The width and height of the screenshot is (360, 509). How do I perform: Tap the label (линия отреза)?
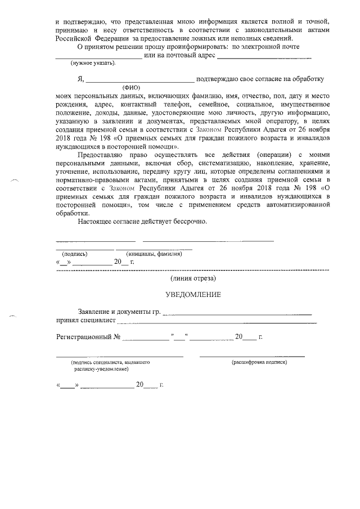pos(193,278)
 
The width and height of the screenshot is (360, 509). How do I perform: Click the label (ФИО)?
pos(132,88)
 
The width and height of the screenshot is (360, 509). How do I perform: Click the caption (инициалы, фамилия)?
pos(154,254)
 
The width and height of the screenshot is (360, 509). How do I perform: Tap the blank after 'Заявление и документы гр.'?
pos(237,313)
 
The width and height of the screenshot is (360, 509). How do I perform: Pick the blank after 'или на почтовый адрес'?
pos(264,58)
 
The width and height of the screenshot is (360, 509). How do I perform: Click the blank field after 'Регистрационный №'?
pos(146,339)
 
